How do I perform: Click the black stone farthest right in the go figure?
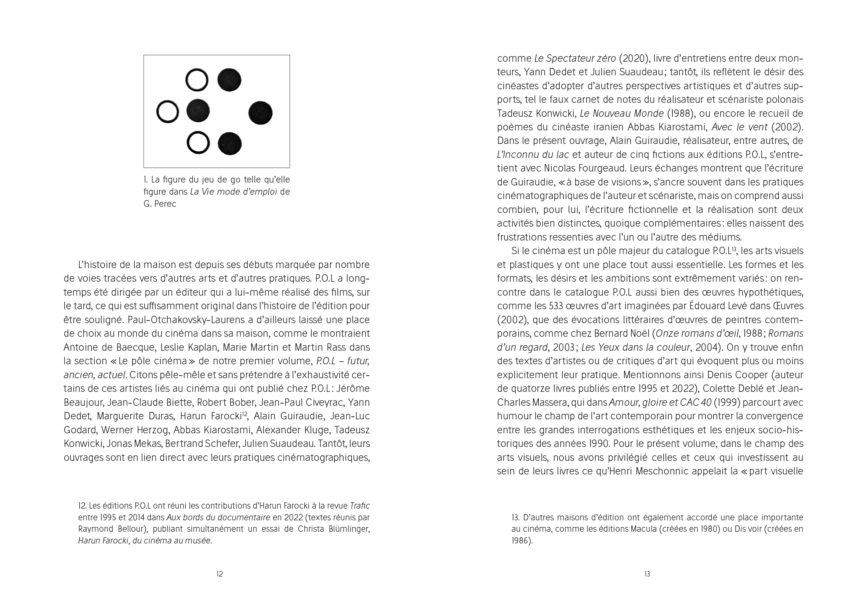pos(260,113)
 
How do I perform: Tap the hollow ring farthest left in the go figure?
pos(168,112)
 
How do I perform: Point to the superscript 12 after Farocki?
pos(244,414)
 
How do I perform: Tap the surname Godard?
pos(80,430)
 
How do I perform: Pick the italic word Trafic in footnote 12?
pos(359,506)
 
